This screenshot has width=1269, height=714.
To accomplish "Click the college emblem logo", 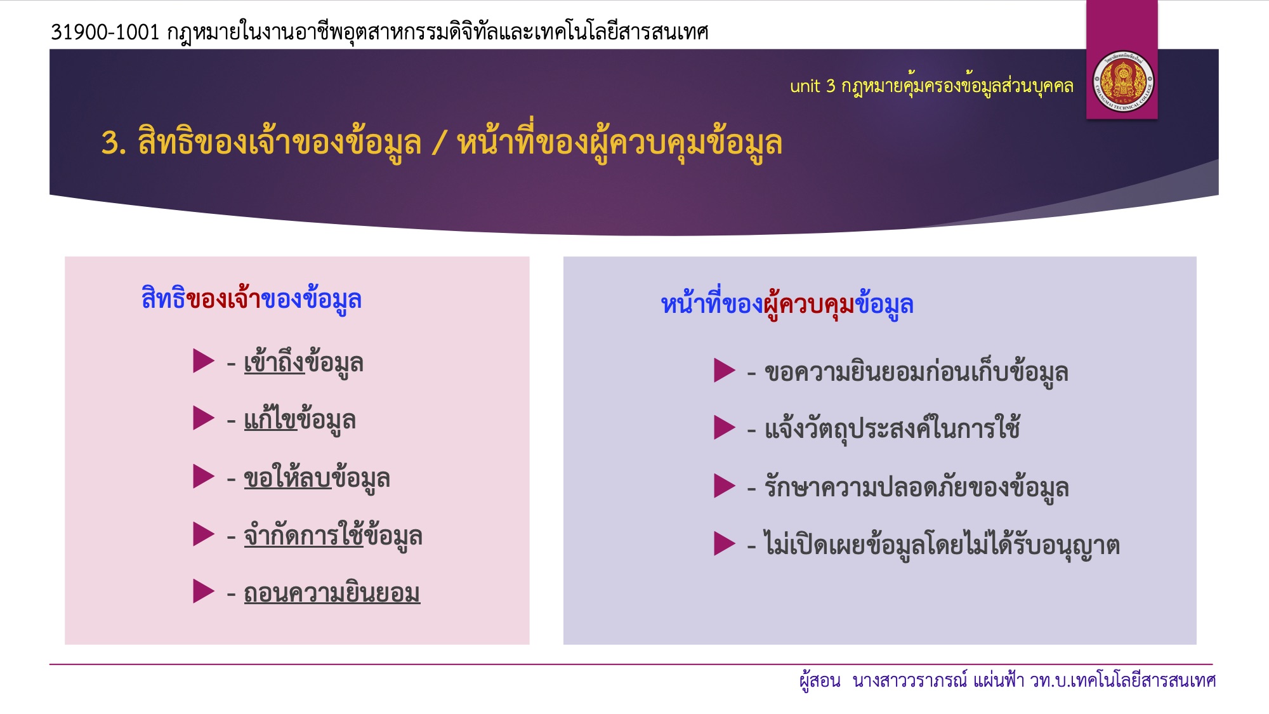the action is [1122, 83].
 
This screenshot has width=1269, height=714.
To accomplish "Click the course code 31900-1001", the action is [105, 32].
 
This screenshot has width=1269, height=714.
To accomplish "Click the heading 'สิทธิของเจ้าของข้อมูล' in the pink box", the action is [251, 298].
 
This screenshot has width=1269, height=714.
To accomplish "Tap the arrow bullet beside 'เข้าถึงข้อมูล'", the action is [204, 360].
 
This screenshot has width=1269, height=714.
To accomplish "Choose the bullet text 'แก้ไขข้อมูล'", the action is [299, 420].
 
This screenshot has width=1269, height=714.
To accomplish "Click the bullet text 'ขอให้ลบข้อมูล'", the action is [317, 477].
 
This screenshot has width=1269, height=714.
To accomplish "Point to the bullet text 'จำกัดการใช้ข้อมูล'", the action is [333, 535].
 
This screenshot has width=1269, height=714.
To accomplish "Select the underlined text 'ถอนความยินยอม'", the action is [332, 593].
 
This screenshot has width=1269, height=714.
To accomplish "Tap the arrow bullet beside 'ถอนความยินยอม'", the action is [204, 591].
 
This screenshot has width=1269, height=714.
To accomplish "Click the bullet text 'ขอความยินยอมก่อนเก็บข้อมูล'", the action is [916, 372].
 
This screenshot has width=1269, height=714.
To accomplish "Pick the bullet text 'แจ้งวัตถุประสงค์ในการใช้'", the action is [892, 428].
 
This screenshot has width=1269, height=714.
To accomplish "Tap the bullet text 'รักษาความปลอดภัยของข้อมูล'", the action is [917, 487].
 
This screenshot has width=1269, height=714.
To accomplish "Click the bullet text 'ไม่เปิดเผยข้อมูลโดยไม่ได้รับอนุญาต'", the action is [942, 544].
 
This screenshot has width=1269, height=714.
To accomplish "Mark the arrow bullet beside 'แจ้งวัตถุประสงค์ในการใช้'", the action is [725, 427].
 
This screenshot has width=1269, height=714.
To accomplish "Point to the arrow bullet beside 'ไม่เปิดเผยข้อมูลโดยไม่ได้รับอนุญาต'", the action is [725, 543].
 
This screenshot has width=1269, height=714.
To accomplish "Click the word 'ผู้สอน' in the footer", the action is [820, 680].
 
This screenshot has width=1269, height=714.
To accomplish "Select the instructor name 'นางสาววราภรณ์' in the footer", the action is [910, 680].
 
